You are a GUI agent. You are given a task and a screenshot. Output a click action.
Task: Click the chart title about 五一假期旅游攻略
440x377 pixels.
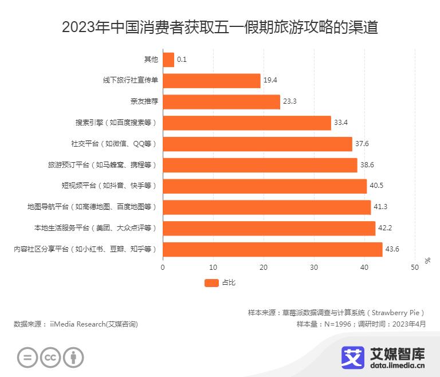click(x=220, y=27)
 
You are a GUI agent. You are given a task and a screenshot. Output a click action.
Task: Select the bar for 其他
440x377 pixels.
click(x=168, y=60)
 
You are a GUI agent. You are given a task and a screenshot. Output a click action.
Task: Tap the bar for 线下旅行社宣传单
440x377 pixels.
click(x=211, y=81)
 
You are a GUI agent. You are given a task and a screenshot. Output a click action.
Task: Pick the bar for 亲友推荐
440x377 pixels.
click(x=221, y=102)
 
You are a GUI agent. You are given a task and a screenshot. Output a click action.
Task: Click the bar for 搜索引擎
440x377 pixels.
click(x=247, y=123)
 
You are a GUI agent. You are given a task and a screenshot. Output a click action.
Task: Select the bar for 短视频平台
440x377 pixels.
click(x=265, y=186)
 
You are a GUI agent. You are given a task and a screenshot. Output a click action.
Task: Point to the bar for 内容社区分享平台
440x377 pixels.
click(x=273, y=249)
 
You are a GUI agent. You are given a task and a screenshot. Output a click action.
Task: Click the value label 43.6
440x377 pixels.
click(x=392, y=249)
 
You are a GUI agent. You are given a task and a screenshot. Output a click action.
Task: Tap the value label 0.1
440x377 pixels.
click(x=182, y=60)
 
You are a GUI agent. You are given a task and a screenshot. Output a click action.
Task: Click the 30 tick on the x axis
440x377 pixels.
click(x=314, y=267)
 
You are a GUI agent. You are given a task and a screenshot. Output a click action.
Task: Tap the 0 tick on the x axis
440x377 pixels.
click(x=163, y=267)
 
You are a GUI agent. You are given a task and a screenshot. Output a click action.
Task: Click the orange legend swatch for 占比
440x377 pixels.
click(x=211, y=282)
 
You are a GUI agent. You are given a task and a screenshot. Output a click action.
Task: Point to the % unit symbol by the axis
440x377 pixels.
click(x=427, y=261)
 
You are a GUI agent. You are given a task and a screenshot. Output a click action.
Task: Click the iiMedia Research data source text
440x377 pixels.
click(x=76, y=324)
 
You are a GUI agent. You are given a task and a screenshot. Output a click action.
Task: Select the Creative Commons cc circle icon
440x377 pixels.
click(x=50, y=357)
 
